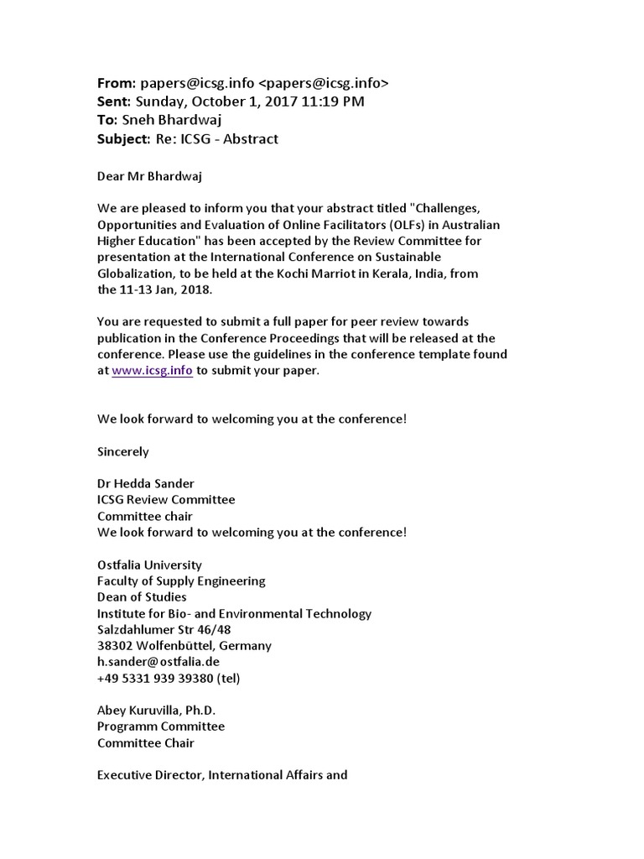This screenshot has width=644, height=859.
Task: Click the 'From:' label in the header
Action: click(116, 83)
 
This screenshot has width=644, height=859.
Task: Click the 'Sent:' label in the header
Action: click(115, 102)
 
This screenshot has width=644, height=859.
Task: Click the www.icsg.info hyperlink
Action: click(153, 371)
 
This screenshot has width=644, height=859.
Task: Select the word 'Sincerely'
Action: click(123, 451)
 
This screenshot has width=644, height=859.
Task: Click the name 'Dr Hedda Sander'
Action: click(145, 483)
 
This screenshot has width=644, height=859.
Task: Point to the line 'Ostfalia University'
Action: click(149, 565)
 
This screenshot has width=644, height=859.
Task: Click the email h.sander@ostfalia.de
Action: click(158, 662)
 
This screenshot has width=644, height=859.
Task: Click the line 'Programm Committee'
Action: click(161, 726)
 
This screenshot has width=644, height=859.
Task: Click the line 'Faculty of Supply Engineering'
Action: click(181, 580)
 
